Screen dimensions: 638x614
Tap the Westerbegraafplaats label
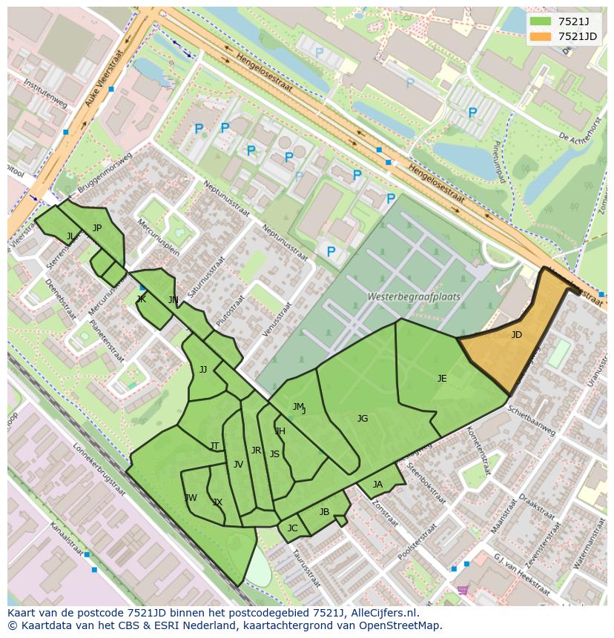[413, 296]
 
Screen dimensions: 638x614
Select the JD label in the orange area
[516, 335]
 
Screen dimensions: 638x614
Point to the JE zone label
[442, 379]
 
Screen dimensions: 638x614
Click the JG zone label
[362, 419]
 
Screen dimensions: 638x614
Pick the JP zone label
[96, 228]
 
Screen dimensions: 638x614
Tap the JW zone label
[191, 497]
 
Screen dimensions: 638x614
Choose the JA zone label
[377, 485]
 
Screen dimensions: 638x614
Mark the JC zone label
[292, 528]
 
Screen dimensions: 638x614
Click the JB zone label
[324, 512]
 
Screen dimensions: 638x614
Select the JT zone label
[214, 446]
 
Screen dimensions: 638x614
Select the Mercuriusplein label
[159, 236]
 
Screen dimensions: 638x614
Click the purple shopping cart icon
[462, 590]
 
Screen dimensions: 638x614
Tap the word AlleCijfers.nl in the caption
[380, 613]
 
